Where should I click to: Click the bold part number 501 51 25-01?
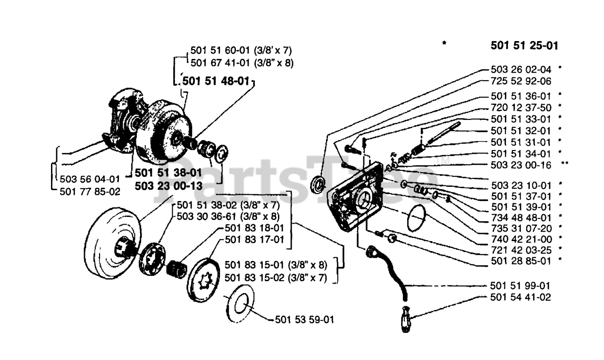(x=524, y=46)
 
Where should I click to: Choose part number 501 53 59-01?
(x=304, y=320)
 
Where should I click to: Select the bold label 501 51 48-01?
(x=215, y=81)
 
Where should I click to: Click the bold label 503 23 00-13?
(x=168, y=186)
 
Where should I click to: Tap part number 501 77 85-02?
(x=90, y=192)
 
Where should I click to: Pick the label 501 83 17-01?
(x=254, y=240)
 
